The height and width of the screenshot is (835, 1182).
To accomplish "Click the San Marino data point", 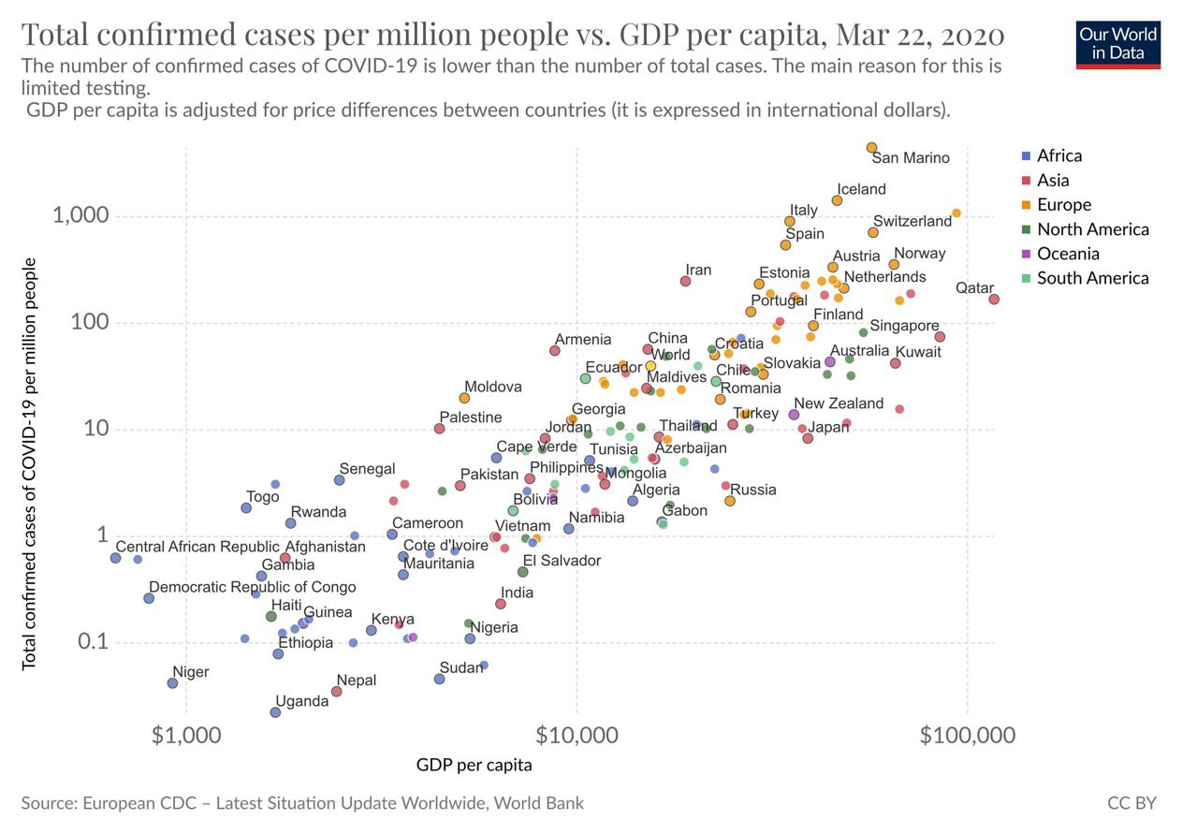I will click(871, 148).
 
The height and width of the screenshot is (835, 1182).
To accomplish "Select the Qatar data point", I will click(994, 300).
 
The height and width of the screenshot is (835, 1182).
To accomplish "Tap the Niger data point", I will click(172, 683).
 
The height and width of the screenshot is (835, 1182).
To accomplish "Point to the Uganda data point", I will click(275, 712).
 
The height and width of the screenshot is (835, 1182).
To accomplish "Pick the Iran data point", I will click(685, 281).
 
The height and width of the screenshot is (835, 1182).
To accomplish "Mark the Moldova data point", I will click(464, 399).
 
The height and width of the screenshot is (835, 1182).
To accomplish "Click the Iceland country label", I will click(861, 189).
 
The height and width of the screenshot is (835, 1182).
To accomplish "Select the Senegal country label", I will click(367, 469).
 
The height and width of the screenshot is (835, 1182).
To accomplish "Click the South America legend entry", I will click(1092, 278).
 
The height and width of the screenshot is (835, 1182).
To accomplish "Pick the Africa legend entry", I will click(1058, 156).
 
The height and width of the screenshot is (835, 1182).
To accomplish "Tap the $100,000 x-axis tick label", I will click(967, 736).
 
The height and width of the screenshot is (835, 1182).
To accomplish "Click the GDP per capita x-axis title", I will click(474, 765).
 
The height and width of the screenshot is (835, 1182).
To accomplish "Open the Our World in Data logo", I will click(1118, 44).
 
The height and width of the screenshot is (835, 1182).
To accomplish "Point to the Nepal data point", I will click(337, 692).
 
